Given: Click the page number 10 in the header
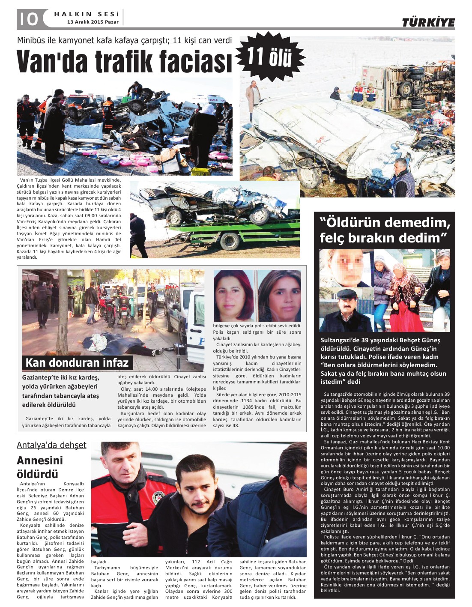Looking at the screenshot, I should pyautogui.click(x=28, y=19).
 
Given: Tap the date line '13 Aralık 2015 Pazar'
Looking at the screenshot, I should pyautogui.click(x=93, y=22).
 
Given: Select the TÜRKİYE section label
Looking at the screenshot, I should pyautogui.click(x=428, y=23).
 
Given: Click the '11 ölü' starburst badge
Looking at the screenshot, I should pyautogui.click(x=270, y=57).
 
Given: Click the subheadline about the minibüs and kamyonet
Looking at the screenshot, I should pyautogui.click(x=124, y=40).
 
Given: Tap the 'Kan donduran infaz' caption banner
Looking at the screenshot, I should pyautogui.click(x=77, y=363).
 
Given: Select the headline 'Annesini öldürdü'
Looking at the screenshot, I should pyautogui.click(x=39, y=467).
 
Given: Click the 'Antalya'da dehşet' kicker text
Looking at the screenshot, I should pyautogui.click(x=51, y=445).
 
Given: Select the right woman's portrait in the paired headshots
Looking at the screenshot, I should pyautogui.click(x=279, y=296).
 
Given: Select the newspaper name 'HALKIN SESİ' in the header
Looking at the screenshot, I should pyautogui.click(x=86, y=14).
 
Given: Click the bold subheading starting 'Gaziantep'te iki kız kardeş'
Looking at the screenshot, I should pyautogui.click(x=61, y=391).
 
